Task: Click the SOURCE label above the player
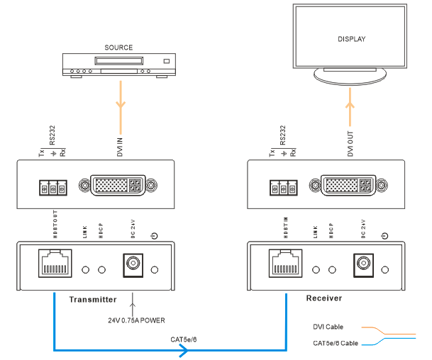pos(118,47)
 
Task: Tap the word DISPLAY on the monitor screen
pos(351,39)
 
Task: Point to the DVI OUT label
pos(350,142)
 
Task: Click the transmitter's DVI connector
pos(116,186)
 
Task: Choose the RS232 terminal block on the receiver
pos(282,188)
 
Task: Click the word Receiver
pos(323,298)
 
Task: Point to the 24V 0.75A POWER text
pos(138,320)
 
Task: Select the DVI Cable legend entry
pos(328,327)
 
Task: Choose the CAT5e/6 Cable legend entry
pos(334,344)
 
